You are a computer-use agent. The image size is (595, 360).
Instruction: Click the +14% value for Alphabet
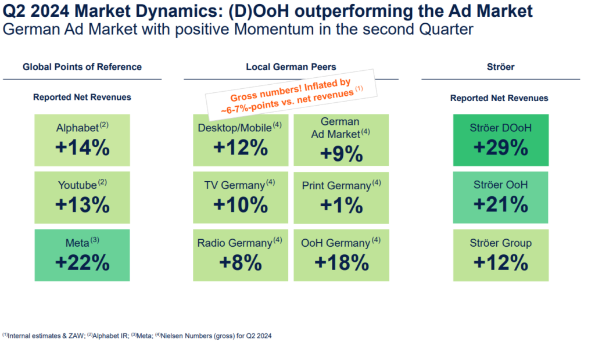pyautogui.click(x=82, y=147)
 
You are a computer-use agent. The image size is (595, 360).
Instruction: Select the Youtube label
pyautogui.click(x=77, y=186)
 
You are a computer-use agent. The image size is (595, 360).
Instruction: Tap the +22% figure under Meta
pyautogui.click(x=82, y=262)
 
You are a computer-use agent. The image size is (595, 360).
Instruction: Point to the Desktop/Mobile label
pyautogui.click(x=235, y=128)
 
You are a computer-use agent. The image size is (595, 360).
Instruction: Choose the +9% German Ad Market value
pyautogui.click(x=340, y=154)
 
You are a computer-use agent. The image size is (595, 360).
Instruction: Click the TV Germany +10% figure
pyautogui.click(x=241, y=204)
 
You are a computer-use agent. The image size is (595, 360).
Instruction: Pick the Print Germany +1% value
pyautogui.click(x=340, y=204)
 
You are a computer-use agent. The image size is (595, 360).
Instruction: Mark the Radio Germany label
pyautogui.click(x=235, y=243)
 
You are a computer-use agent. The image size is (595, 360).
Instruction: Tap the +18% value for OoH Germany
pyautogui.click(x=341, y=262)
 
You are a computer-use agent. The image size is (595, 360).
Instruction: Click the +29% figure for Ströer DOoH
pyautogui.click(x=500, y=147)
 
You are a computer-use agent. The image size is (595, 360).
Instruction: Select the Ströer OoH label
pyautogui.click(x=500, y=186)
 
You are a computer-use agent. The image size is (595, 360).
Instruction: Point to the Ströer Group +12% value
pyautogui.click(x=500, y=262)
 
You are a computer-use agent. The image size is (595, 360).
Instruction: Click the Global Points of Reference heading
pyautogui.click(x=82, y=67)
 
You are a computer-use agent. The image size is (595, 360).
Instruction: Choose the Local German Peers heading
pyautogui.click(x=291, y=67)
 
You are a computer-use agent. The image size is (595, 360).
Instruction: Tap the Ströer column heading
pyautogui.click(x=500, y=67)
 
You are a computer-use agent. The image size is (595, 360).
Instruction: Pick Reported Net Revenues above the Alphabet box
pyautogui.click(x=82, y=97)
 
